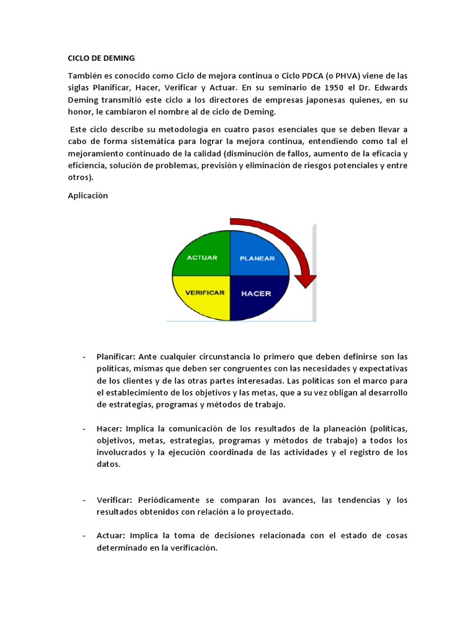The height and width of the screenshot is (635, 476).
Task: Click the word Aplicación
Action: click(88, 195)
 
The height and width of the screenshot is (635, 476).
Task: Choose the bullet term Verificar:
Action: click(115, 500)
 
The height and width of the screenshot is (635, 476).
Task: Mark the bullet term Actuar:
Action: click(112, 536)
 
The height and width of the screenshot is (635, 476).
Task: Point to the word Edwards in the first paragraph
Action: click(388, 87)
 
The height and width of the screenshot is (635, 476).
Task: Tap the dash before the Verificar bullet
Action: click(84, 500)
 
